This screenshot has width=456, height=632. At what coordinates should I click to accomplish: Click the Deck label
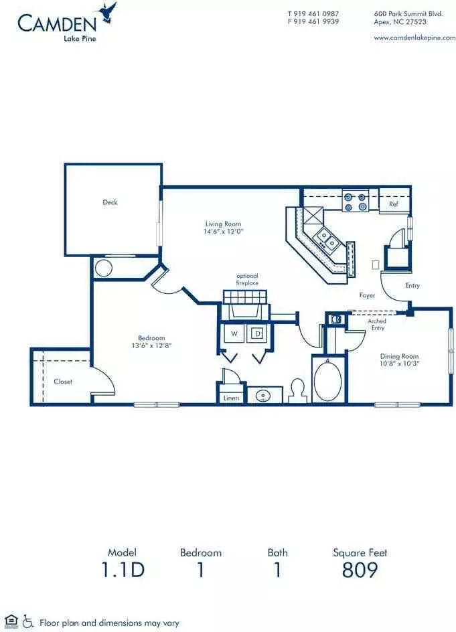(110, 202)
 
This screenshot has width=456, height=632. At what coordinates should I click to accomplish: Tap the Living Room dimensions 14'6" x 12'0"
(224, 232)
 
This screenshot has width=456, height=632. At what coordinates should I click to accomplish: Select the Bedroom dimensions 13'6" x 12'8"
(151, 345)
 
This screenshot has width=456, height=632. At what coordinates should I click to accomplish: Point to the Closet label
(63, 382)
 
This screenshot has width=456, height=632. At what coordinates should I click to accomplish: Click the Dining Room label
(399, 356)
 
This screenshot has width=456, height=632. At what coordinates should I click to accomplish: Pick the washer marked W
(234, 333)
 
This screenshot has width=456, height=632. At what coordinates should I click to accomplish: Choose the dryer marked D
(258, 333)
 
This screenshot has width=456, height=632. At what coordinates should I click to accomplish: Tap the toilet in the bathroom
(299, 390)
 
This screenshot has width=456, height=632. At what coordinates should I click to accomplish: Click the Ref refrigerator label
(394, 204)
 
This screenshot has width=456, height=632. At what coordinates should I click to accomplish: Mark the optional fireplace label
(247, 279)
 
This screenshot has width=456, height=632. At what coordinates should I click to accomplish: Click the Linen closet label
(232, 398)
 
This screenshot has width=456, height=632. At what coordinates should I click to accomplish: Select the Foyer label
(367, 295)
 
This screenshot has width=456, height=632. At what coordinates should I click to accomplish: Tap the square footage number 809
(360, 570)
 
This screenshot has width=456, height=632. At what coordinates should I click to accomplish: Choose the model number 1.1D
(123, 570)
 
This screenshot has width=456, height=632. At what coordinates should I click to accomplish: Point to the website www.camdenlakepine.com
(414, 38)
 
